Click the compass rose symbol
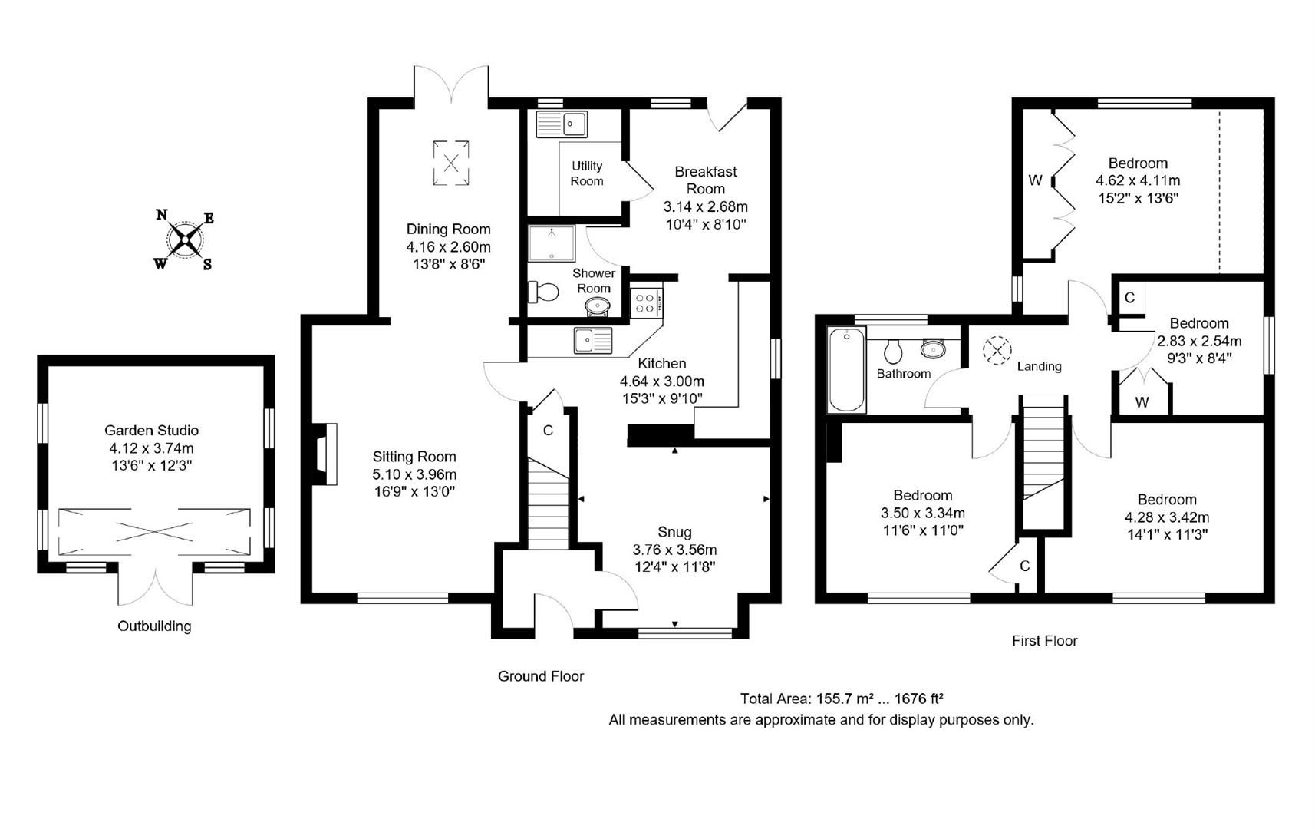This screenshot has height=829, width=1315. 185,239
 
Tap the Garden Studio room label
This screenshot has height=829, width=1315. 151,430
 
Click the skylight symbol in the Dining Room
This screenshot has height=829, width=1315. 451,163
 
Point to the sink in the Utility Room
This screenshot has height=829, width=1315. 562,124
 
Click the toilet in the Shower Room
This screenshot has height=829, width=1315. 543,292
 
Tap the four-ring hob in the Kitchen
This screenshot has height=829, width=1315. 646,303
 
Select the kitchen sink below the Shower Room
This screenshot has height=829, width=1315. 594,341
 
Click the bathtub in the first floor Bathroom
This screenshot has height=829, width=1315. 846,369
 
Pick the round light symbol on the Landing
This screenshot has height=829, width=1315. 997,350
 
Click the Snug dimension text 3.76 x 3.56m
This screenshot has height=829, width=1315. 674,550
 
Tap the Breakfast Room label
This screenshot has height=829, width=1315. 706,180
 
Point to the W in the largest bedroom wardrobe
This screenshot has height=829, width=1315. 1035,180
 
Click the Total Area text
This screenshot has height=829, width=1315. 842,699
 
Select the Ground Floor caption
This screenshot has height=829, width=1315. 541,676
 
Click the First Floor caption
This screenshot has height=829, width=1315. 1044,640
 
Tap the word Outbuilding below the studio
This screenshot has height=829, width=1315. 154,626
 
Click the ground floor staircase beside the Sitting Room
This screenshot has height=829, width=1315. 549,504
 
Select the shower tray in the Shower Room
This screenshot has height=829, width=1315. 552,243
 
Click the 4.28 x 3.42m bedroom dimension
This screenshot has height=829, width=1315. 1167,517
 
